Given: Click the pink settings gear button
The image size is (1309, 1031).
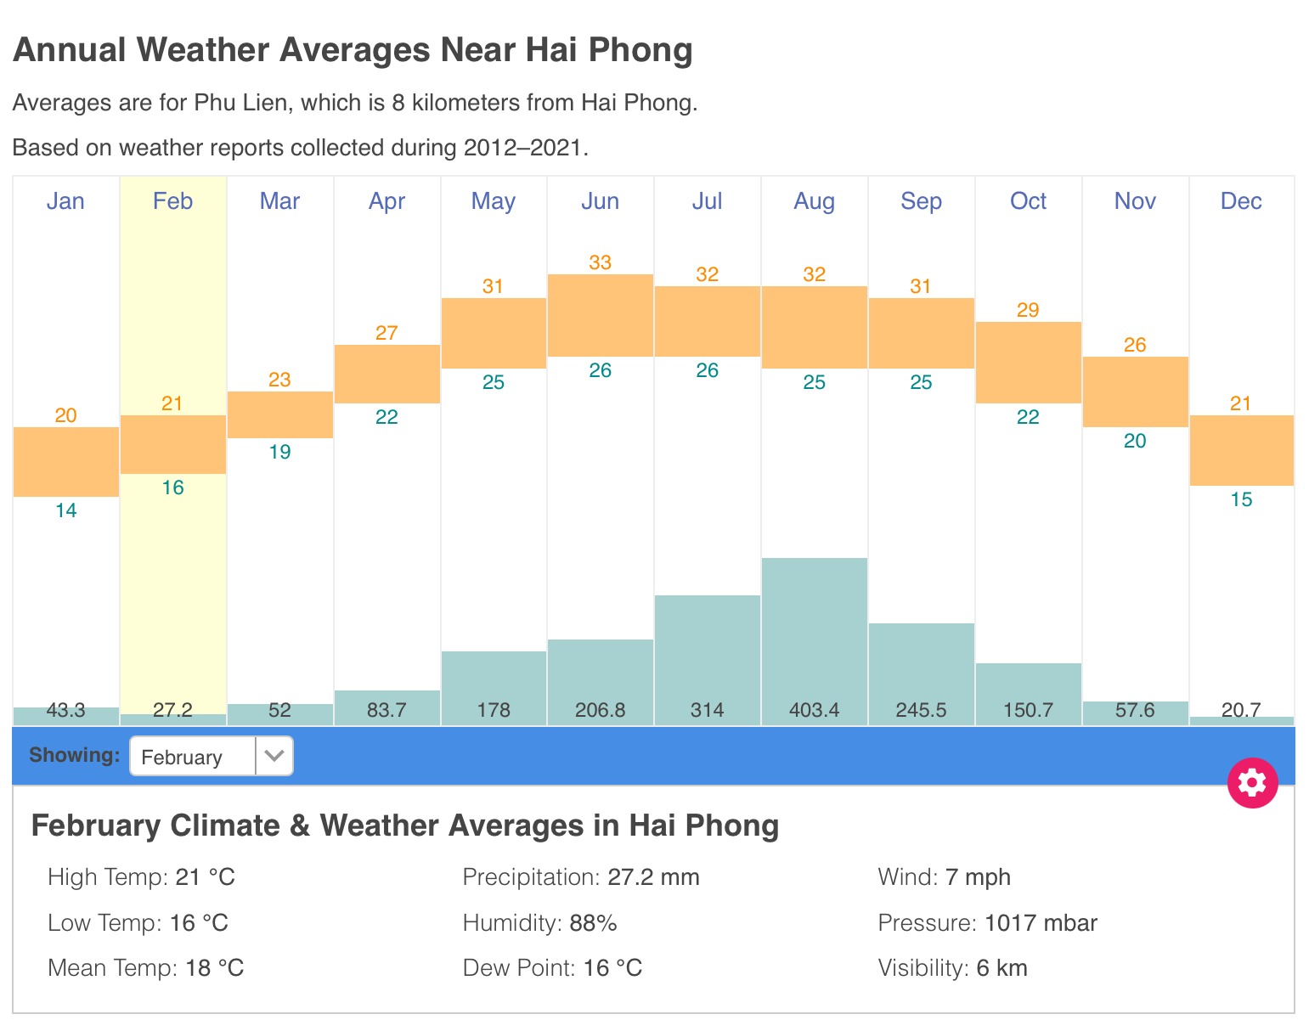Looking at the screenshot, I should (x=1252, y=782).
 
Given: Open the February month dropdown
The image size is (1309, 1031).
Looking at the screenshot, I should (x=211, y=756).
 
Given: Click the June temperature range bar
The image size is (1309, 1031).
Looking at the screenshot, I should (x=601, y=315).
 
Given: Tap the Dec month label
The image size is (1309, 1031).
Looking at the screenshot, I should (x=1241, y=201).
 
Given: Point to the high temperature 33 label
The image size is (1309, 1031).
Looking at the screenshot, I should (x=601, y=262).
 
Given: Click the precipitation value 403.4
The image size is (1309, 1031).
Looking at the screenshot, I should (x=814, y=710).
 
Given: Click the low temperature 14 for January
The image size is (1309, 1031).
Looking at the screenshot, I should (x=65, y=510).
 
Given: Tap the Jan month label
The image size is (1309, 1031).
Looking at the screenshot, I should (x=65, y=201).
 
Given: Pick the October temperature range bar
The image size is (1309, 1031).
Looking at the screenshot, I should (x=1028, y=363).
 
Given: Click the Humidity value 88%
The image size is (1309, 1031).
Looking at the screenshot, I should (x=593, y=923).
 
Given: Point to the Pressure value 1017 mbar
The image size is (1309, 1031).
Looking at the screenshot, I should (x=1041, y=923).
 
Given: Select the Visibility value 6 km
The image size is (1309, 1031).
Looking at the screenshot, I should (x=1001, y=968).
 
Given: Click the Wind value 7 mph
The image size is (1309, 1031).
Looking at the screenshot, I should (x=978, y=877).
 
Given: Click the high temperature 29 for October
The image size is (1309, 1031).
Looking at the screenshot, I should (x=1028, y=310).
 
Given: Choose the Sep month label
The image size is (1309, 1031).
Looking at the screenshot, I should (x=921, y=201).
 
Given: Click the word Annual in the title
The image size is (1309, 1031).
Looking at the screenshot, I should (x=70, y=50).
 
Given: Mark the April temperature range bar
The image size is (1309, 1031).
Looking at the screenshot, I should (x=386, y=374).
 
